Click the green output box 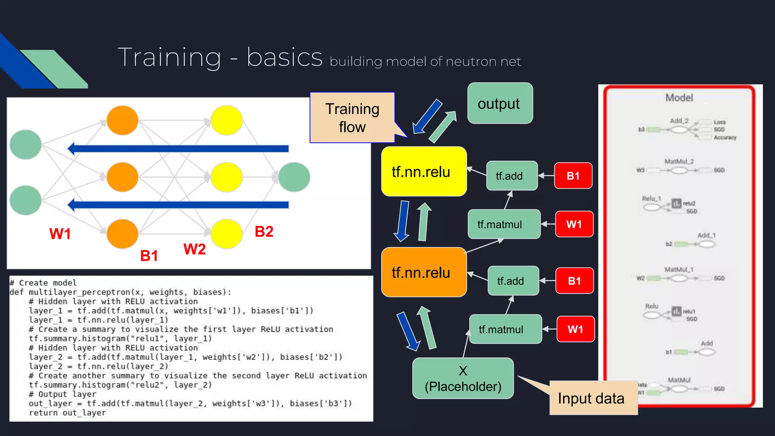500,103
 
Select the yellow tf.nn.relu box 424,171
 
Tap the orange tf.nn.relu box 424,272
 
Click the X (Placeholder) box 463,378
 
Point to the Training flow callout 352,118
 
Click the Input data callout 591,399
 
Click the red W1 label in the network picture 60,234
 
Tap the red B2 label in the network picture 264,232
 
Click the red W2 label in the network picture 195,249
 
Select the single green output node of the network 294,177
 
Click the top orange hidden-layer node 122,120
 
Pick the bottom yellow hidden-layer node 226,234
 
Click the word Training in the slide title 169,58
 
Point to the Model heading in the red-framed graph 679,98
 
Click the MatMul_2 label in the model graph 679,162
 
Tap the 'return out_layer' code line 67,413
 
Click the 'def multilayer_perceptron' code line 120,292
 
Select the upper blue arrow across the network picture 178,149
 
